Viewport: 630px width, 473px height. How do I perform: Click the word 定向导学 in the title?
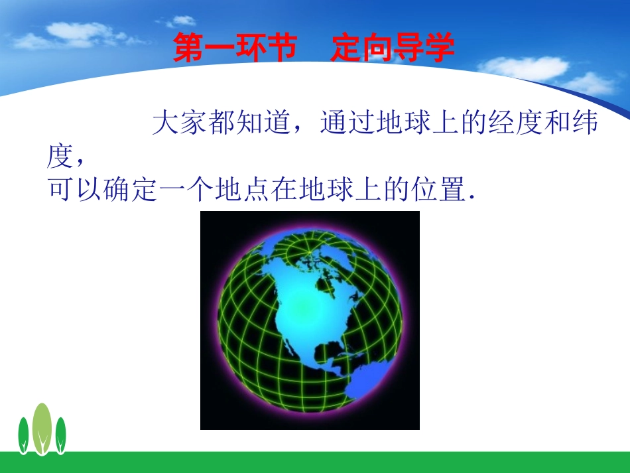393,48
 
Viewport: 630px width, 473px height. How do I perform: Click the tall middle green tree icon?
42,428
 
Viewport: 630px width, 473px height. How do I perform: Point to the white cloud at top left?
80,33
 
